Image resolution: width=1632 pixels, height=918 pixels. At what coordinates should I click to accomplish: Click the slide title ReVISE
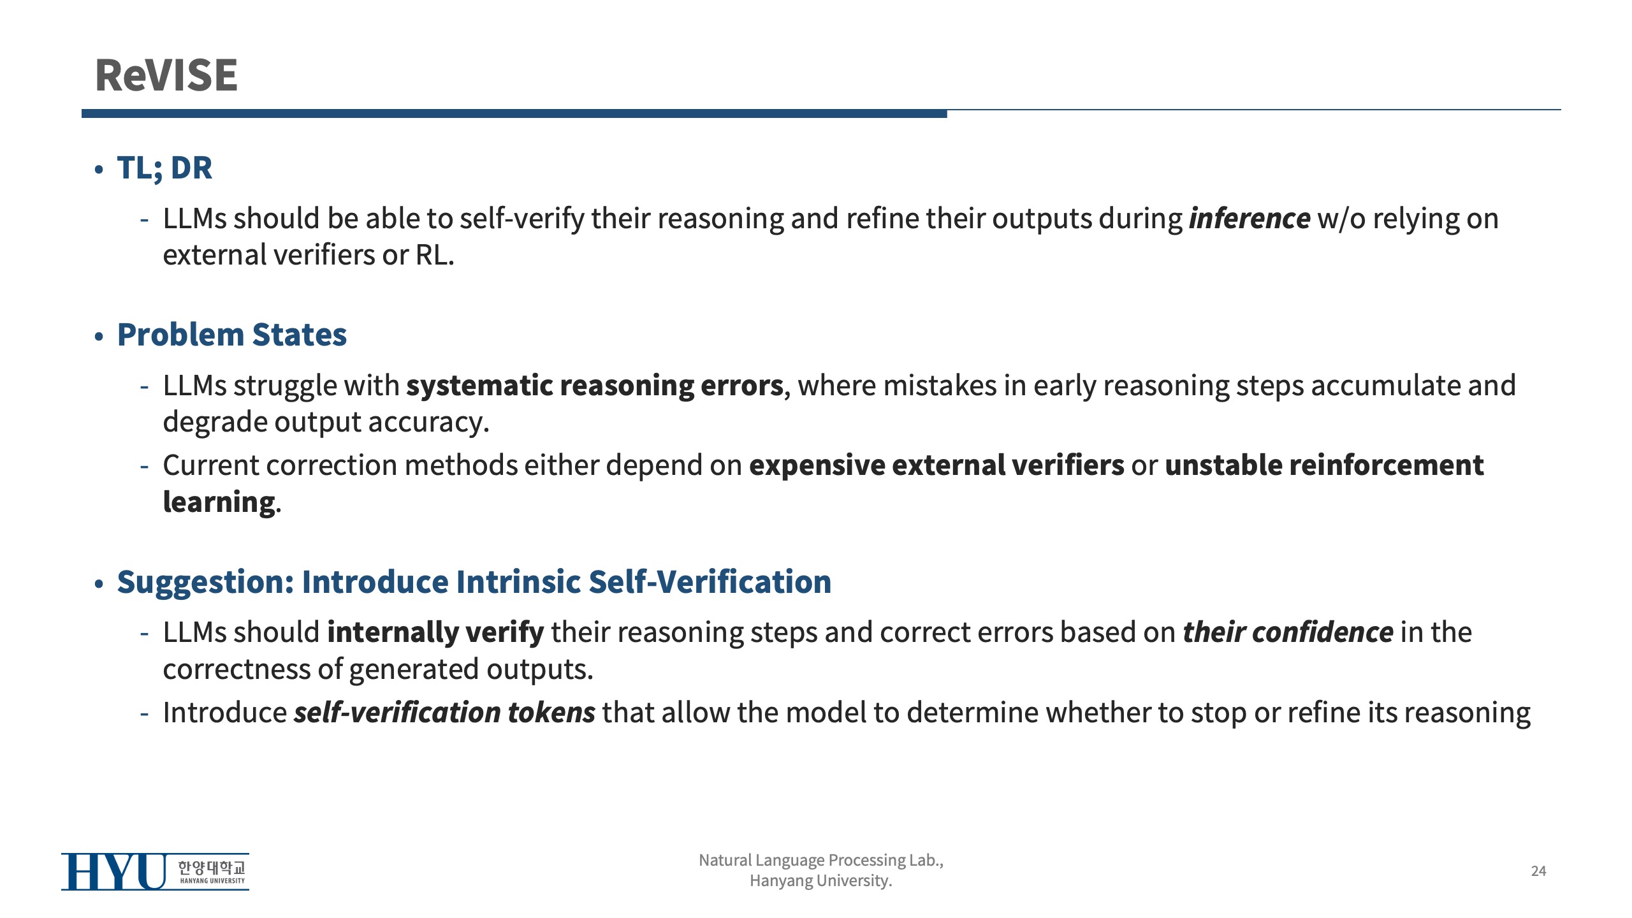[x=166, y=75]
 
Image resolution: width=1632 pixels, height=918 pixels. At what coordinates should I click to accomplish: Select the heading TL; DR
[x=164, y=168]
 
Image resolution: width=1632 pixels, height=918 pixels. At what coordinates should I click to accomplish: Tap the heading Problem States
[x=232, y=335]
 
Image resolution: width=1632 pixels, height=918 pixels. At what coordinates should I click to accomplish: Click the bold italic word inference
[x=1249, y=219]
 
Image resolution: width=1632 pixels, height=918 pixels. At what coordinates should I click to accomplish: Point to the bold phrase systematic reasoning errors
[x=595, y=386]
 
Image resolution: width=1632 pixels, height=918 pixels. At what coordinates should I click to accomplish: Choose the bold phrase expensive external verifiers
[x=936, y=465]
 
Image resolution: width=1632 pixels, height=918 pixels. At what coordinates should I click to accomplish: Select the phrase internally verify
[x=435, y=633]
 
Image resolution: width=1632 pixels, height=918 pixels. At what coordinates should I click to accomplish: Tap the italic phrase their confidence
[x=1288, y=632]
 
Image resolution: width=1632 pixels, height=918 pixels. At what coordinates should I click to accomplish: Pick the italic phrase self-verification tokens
[x=444, y=713]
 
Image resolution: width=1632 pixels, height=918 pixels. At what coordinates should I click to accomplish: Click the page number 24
[x=1538, y=871]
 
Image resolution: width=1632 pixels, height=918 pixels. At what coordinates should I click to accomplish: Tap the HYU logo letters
[x=114, y=871]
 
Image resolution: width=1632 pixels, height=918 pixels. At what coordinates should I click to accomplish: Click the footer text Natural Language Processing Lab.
[x=821, y=861]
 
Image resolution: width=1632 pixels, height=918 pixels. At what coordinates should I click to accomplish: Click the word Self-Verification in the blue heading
[x=710, y=582]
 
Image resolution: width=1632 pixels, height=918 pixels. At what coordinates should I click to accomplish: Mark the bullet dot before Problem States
[x=98, y=336]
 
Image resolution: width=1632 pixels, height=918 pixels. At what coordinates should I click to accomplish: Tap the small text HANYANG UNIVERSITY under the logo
[x=212, y=881]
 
